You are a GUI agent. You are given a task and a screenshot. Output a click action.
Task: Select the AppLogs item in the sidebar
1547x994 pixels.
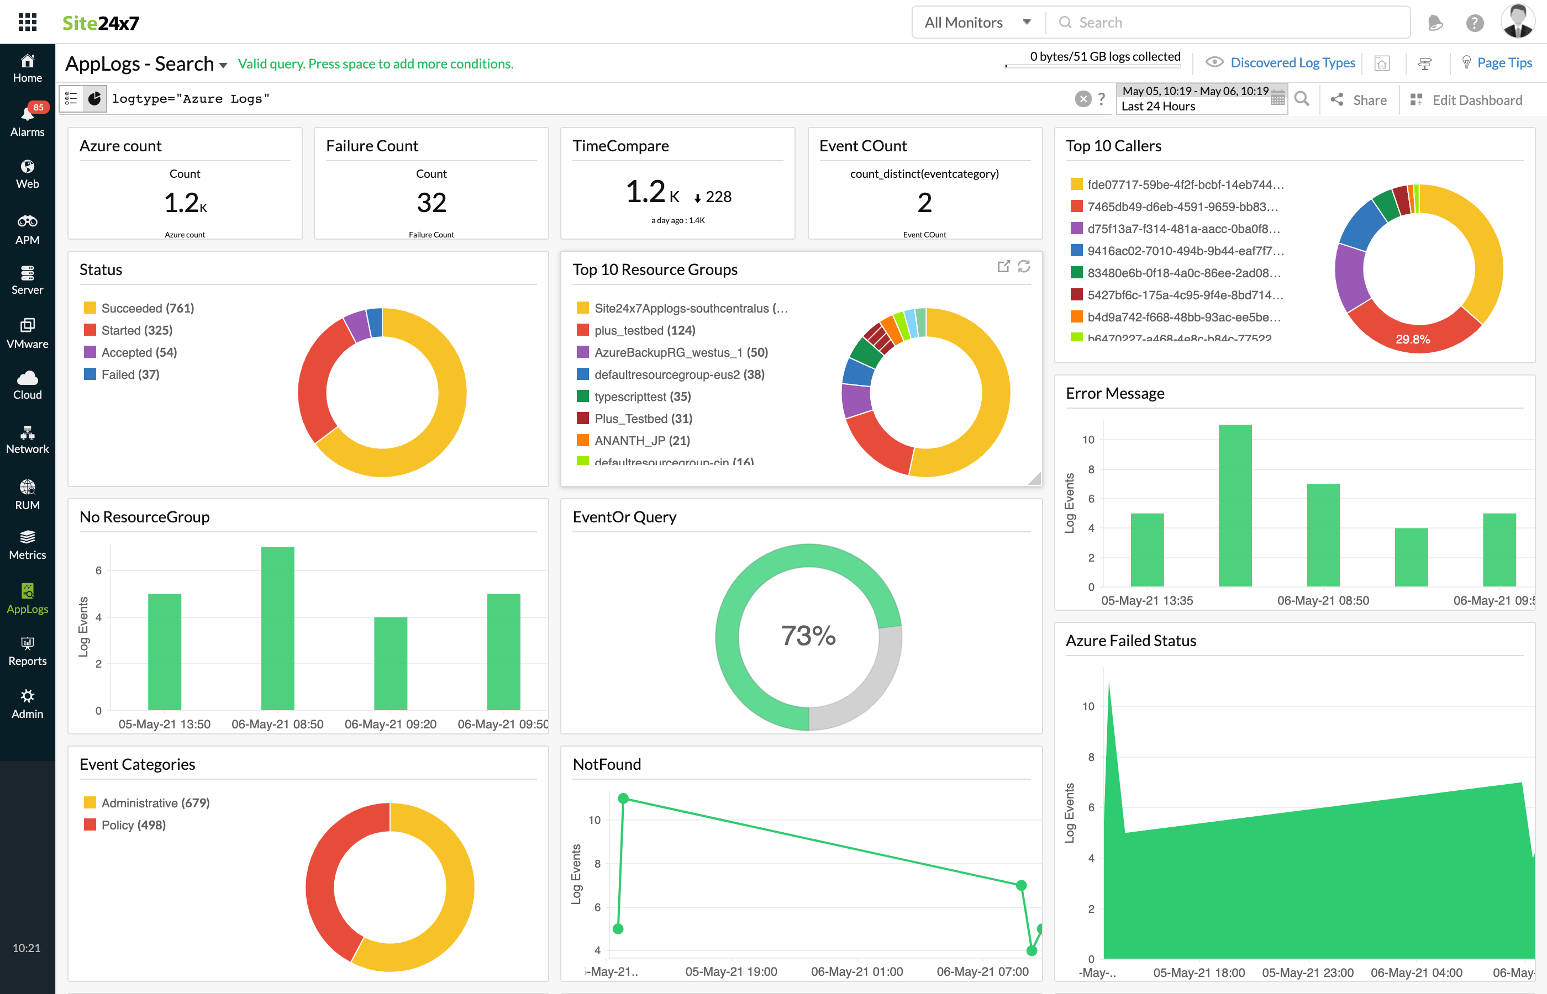tap(27, 599)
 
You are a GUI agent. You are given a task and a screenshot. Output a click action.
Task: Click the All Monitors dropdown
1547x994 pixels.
tap(976, 23)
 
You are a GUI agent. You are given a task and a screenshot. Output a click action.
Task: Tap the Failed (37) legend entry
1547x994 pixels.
tap(130, 374)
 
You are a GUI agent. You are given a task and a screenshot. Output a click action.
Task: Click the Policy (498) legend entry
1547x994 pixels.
tap(133, 825)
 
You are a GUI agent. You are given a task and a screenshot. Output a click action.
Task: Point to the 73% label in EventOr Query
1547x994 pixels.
tap(808, 636)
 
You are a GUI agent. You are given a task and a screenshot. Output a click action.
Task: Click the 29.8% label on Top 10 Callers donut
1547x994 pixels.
tap(1412, 340)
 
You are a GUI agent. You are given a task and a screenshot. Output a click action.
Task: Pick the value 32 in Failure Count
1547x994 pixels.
tap(432, 203)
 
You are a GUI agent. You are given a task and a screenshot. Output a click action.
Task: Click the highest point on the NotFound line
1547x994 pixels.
tap(623, 799)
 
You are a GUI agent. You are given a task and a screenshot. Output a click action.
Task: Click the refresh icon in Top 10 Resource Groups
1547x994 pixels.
tap(1024, 267)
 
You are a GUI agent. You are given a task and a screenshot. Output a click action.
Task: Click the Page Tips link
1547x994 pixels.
tap(1504, 62)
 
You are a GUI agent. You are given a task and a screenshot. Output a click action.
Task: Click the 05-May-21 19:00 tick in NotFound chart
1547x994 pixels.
tap(731, 971)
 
